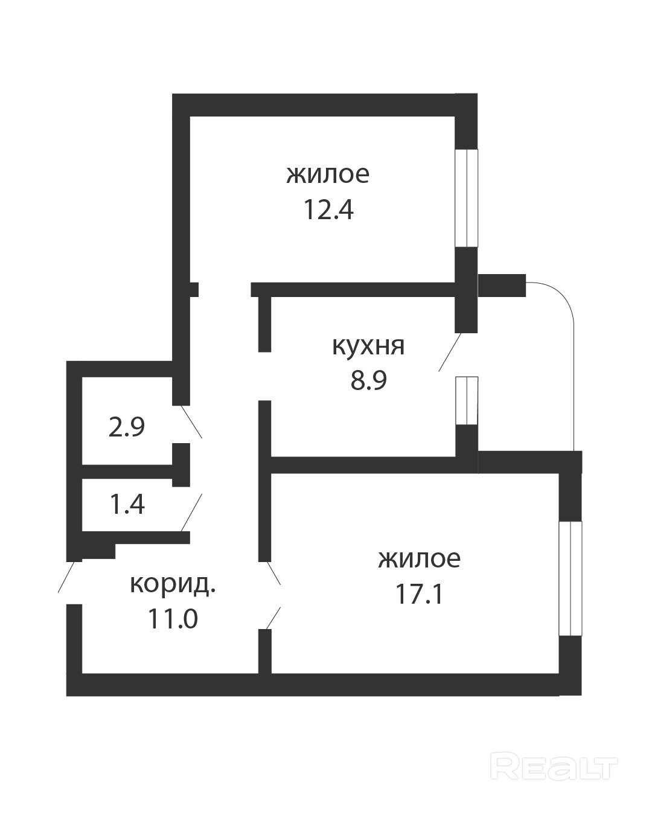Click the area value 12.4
pos(328,211)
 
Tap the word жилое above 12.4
pos(328,174)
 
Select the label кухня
pos(368,347)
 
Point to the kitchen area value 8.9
pos(368,381)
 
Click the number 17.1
pos(419,595)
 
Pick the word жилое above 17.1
pos(419,558)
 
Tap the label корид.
pos(173,584)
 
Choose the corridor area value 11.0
pos(173,619)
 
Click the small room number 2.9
pos(126,427)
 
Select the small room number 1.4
pos(127,504)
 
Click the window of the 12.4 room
pos(466,197)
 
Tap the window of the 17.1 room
pos(570,578)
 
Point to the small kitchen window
pos(467,400)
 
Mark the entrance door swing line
pos(68,576)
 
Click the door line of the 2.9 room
pos(191,421)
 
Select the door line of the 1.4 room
pos(192,511)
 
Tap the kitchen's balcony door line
pos(450,351)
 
